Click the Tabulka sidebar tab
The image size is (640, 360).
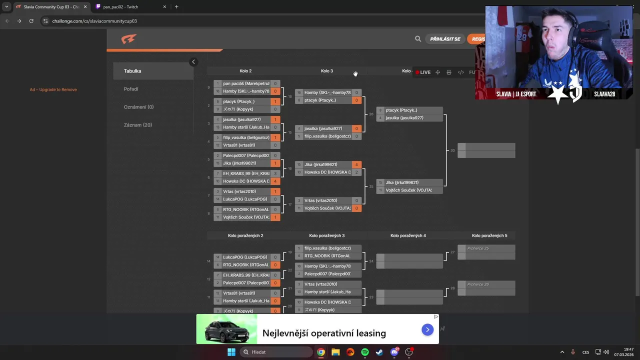point(133,71)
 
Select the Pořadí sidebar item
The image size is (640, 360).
point(131,89)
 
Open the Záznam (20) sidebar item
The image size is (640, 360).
point(138,125)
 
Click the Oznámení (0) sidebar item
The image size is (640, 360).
point(138,107)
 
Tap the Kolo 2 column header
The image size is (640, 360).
point(245,71)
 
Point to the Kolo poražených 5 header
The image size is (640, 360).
point(489,235)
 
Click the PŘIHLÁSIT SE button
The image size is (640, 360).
point(445,39)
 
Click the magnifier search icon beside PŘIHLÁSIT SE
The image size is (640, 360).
point(418,39)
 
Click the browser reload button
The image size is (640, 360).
point(31,21)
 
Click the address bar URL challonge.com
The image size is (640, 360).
point(94,21)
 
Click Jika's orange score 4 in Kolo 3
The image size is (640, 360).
point(356,164)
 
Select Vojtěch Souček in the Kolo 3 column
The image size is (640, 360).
point(327,208)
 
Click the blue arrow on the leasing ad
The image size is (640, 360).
point(427,329)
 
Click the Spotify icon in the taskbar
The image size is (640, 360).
point(365,352)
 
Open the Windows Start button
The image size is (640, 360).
point(231,352)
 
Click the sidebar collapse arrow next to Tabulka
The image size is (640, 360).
point(193,62)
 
